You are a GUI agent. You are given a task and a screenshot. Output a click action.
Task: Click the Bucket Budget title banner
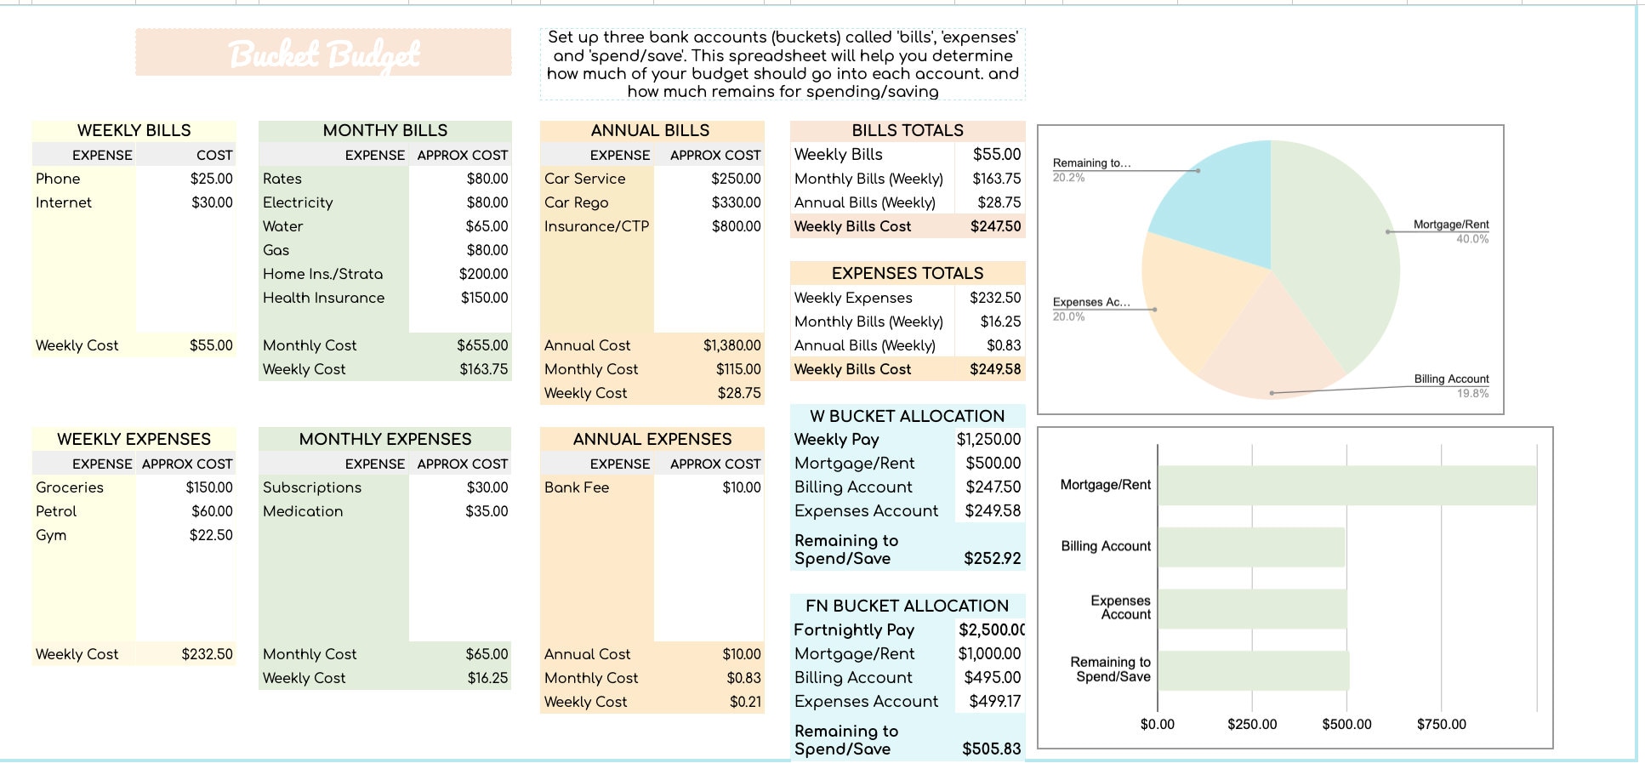[323, 53]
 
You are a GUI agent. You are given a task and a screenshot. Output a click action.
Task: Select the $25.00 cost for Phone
[211, 179]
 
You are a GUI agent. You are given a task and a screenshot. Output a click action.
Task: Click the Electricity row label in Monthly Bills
[298, 202]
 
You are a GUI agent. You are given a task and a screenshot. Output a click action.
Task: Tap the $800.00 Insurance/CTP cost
[736, 226]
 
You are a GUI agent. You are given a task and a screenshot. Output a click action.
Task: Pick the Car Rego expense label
[576, 202]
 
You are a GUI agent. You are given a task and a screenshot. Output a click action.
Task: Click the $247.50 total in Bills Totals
[995, 226]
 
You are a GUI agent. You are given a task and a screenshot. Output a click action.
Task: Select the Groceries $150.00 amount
[208, 487]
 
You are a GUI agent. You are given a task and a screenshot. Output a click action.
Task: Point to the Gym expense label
[51, 535]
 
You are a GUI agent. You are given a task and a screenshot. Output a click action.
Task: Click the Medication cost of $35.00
[487, 511]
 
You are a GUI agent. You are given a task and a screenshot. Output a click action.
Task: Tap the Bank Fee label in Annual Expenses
[576, 487]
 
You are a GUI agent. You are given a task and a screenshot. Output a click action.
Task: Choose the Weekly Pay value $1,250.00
[988, 440]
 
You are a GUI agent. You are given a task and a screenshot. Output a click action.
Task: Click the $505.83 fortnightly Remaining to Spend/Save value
[991, 749]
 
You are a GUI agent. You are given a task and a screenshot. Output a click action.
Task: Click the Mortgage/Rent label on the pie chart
[1450, 225]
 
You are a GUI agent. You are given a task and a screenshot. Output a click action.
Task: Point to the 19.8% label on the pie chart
[1472, 393]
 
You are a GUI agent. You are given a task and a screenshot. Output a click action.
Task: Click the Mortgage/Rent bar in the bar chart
[1346, 485]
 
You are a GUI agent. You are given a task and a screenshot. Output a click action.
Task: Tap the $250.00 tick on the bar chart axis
[1251, 724]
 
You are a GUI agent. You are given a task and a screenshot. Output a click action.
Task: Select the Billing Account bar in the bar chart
[1250, 547]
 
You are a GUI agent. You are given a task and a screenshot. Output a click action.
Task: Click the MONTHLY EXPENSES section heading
[384, 439]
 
